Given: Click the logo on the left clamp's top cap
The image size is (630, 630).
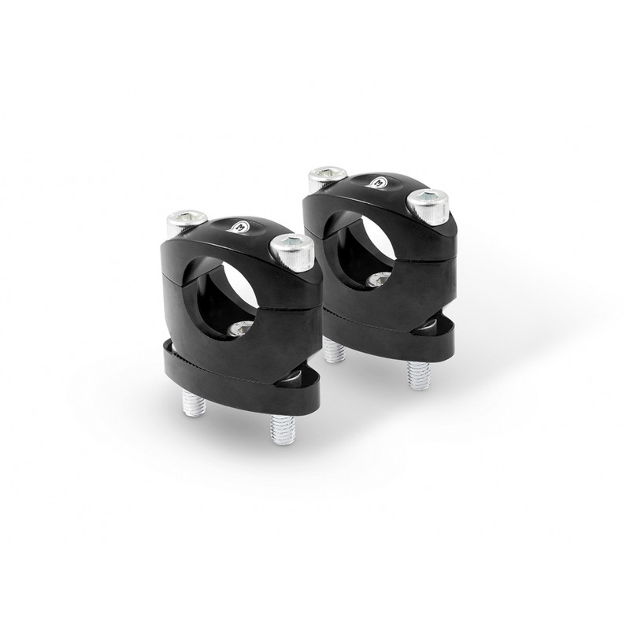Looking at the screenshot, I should pos(239,227).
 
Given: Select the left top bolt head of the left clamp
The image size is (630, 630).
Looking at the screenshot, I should pos(189,220).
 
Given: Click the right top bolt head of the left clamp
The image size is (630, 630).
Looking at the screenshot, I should pos(291,250).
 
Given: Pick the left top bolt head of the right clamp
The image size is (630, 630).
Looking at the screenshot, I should pos(327,176).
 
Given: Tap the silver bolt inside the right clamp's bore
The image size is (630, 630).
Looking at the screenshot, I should pos(379,279).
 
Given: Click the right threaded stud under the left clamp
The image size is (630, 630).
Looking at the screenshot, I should pos(282,428).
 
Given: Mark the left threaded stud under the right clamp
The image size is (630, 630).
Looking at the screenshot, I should pos(335,351).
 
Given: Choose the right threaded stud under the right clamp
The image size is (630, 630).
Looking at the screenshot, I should pos(418,376).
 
